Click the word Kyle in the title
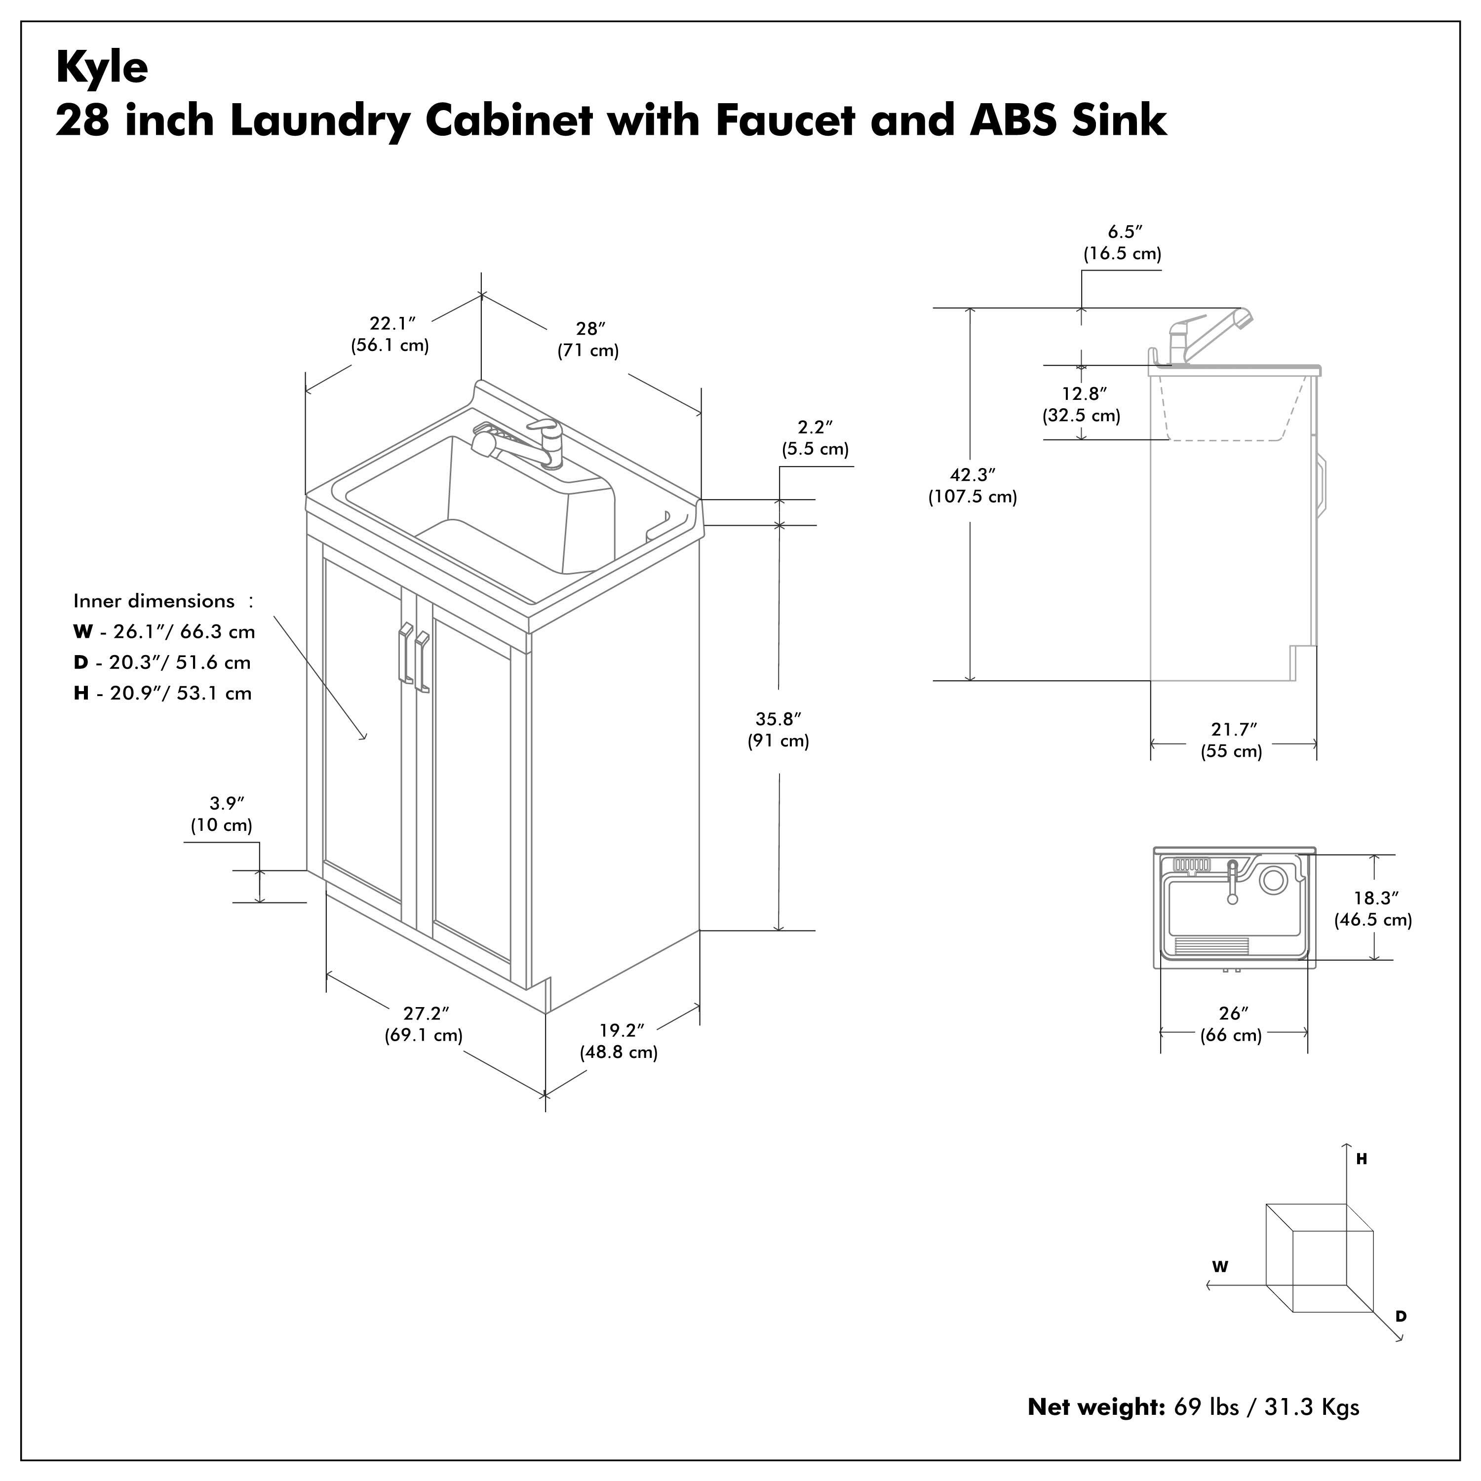coord(102,68)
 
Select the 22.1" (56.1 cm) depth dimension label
coord(390,334)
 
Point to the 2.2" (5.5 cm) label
coord(815,438)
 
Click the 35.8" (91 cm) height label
coord(778,730)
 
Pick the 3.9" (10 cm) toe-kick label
coord(222,814)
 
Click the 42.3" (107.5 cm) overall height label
coord(972,485)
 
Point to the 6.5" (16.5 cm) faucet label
coord(1122,242)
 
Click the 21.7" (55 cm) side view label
coord(1232,740)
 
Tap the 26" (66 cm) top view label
coord(1231,1024)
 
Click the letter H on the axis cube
coord(1362,1160)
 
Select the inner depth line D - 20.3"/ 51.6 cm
coord(162,663)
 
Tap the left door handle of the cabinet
coord(404,653)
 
